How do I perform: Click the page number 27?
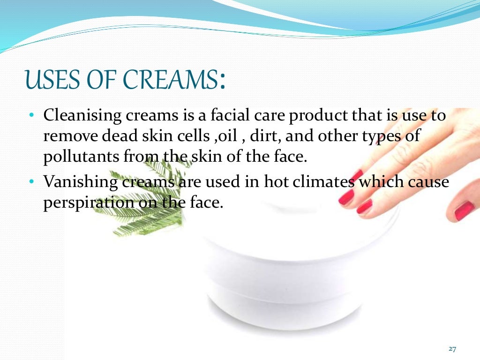pos(452,349)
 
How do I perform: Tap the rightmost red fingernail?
pos(464,210)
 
